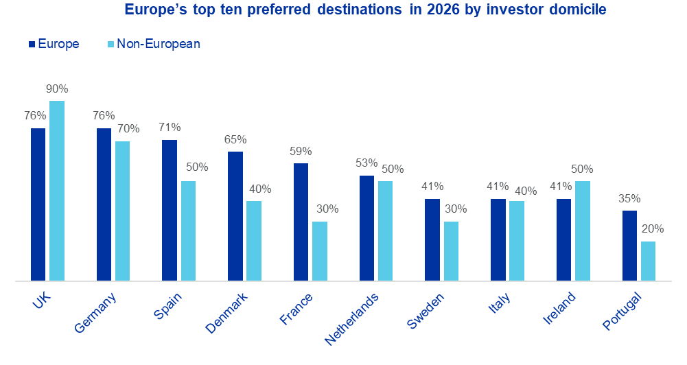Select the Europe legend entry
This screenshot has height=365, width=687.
click(54, 44)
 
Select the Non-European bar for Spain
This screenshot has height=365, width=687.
click(188, 231)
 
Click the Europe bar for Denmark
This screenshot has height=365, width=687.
click(235, 216)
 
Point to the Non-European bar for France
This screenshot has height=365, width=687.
click(320, 251)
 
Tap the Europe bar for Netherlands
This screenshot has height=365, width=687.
click(366, 228)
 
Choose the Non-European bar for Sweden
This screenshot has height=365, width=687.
click(452, 251)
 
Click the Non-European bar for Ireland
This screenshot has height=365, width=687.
click(583, 231)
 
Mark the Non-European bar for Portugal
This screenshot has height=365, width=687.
click(649, 261)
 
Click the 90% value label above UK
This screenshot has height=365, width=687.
click(57, 89)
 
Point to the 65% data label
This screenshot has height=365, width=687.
click(235, 140)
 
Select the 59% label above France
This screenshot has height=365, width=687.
click(301, 152)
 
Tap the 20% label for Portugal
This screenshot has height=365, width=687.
click(649, 229)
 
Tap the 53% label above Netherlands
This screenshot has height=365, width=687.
click(366, 163)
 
